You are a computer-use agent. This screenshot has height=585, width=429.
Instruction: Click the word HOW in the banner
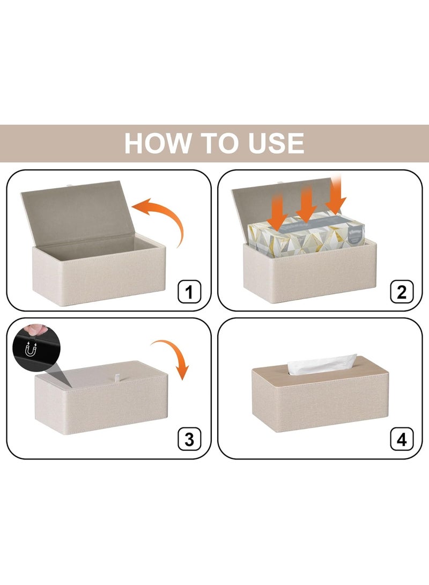158,143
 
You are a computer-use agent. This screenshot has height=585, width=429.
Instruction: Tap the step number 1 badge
189,291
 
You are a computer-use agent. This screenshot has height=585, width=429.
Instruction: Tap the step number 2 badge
402,291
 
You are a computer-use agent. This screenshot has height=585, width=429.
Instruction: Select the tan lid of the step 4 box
320,373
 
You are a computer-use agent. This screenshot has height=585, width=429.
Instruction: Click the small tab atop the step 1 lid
69,185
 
